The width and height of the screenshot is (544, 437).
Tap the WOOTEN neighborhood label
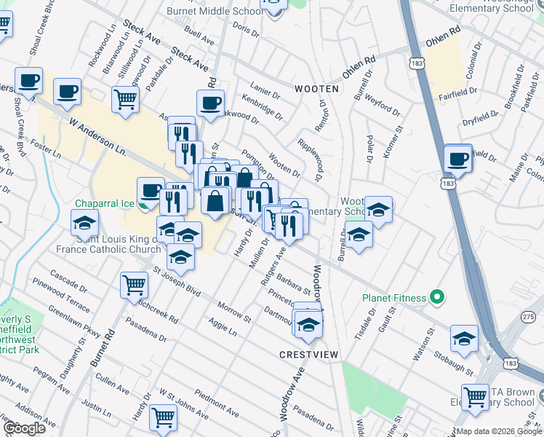tap(316, 88)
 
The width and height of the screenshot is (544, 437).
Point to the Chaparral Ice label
tap(108, 203)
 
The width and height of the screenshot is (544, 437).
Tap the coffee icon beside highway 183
tap(458, 158)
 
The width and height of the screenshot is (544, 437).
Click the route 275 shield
tap(529, 316)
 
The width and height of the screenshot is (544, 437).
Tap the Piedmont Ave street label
tap(217, 406)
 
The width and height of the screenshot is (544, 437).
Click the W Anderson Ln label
tap(98, 138)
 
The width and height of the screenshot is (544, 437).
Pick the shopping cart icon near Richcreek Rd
tap(135, 285)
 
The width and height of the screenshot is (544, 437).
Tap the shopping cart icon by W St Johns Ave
tap(163, 417)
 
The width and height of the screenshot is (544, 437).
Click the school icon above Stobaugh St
tap(464, 337)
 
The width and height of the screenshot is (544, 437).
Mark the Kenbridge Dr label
tap(261, 106)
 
